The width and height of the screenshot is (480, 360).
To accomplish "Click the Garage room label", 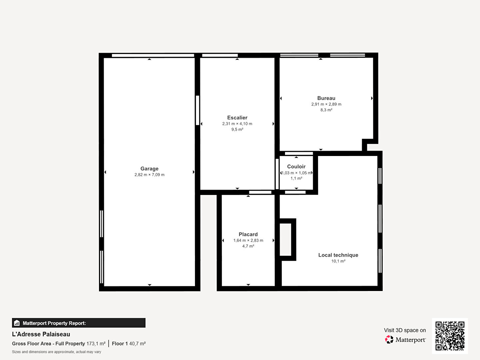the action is pyautogui.click(x=149, y=169).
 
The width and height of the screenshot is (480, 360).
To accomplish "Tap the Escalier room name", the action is pyautogui.click(x=237, y=118).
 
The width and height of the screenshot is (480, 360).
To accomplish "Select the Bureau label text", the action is pyautogui.click(x=326, y=98).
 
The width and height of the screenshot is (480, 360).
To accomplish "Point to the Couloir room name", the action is pyautogui.click(x=296, y=167).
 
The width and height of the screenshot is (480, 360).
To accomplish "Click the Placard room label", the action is pyautogui.click(x=248, y=234).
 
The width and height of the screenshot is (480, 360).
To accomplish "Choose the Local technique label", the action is pyautogui.click(x=338, y=255).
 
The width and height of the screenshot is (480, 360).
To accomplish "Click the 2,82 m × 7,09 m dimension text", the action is pyautogui.click(x=149, y=175).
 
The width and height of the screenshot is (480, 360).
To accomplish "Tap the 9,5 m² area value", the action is pyautogui.click(x=237, y=129).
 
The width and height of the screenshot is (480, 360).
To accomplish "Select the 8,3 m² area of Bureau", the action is pyautogui.click(x=326, y=110).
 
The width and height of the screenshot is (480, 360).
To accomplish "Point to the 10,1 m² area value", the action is pyautogui.click(x=338, y=261).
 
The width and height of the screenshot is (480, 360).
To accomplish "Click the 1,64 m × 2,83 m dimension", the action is pyautogui.click(x=248, y=240).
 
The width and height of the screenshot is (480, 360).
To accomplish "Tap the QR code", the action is pyautogui.click(x=450, y=336).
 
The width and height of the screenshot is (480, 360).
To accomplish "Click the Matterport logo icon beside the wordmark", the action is pyautogui.click(x=389, y=339).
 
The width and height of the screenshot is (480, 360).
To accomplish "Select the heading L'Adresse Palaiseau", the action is pyautogui.click(x=41, y=334).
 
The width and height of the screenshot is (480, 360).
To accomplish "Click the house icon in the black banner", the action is pyautogui.click(x=17, y=323).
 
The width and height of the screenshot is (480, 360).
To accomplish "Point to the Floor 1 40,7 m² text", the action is pyautogui.click(x=129, y=344).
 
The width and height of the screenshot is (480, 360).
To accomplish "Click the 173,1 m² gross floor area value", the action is pyautogui.click(x=96, y=344).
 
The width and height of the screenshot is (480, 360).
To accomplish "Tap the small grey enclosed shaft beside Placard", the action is pyautogui.click(x=285, y=240).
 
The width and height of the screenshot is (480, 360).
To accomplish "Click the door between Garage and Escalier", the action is pyautogui.click(x=197, y=110).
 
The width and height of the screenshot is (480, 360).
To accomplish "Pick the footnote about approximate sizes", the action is pyautogui.click(x=56, y=352).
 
